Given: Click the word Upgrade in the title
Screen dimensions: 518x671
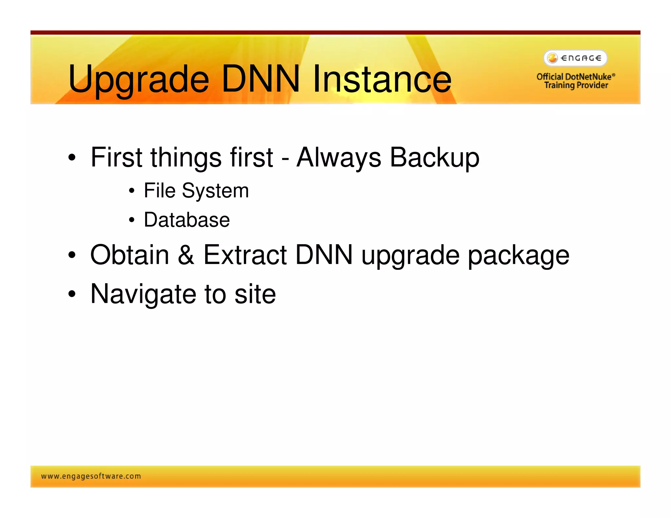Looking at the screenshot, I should tap(138, 80).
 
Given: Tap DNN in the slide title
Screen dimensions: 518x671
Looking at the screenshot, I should tap(260, 79).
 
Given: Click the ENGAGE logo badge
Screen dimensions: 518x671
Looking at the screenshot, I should tap(575, 58).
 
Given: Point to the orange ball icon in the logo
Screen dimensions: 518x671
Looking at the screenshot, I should tap(552, 58).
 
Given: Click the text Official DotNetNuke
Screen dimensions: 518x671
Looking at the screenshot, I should tap(574, 77).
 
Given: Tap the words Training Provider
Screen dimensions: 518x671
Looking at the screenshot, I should tap(576, 85).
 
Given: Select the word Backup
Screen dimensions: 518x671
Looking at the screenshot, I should tap(434, 158).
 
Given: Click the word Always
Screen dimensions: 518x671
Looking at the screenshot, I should tap(339, 158).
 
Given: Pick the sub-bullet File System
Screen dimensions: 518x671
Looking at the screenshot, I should tap(196, 191).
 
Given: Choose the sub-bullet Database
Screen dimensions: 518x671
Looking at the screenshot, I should tap(187, 220).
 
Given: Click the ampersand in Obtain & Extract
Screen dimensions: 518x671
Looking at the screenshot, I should tap(186, 255).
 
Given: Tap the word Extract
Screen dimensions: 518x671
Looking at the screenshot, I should tap(245, 255).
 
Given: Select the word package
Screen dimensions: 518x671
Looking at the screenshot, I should tap(518, 256).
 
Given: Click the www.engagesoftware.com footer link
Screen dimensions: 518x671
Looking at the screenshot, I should tap(91, 476).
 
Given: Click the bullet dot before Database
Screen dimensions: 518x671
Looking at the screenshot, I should tap(131, 220).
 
